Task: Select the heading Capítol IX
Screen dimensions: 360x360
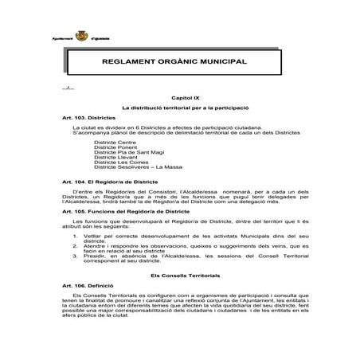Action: [x=174, y=96]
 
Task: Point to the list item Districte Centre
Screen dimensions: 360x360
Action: [x=114, y=141]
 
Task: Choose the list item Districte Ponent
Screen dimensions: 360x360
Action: [x=115, y=147]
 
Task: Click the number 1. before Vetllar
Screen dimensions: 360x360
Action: [x=74, y=236]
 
